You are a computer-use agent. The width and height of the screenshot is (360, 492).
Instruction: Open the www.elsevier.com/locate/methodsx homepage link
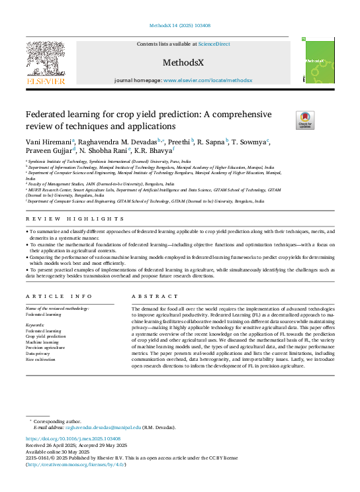208,80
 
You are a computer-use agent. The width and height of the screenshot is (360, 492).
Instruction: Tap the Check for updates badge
287,120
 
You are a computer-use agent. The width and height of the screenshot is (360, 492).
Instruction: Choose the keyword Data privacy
38,353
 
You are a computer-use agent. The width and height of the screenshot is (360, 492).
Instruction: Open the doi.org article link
73,438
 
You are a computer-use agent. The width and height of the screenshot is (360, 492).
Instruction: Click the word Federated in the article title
48,114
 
